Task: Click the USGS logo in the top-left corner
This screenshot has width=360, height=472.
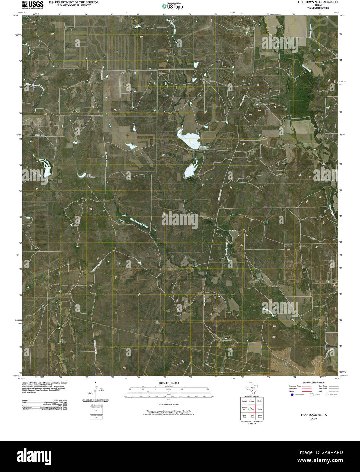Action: pos(33,4)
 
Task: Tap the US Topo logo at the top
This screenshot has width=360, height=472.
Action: pos(172,6)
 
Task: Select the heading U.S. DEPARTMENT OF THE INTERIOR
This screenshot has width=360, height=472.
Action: pos(74,2)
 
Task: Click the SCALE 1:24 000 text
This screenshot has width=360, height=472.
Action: pos(169,383)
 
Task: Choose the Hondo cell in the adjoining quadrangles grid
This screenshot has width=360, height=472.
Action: pos(260,401)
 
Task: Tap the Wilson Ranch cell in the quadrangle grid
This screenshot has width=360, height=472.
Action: pos(260,416)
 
